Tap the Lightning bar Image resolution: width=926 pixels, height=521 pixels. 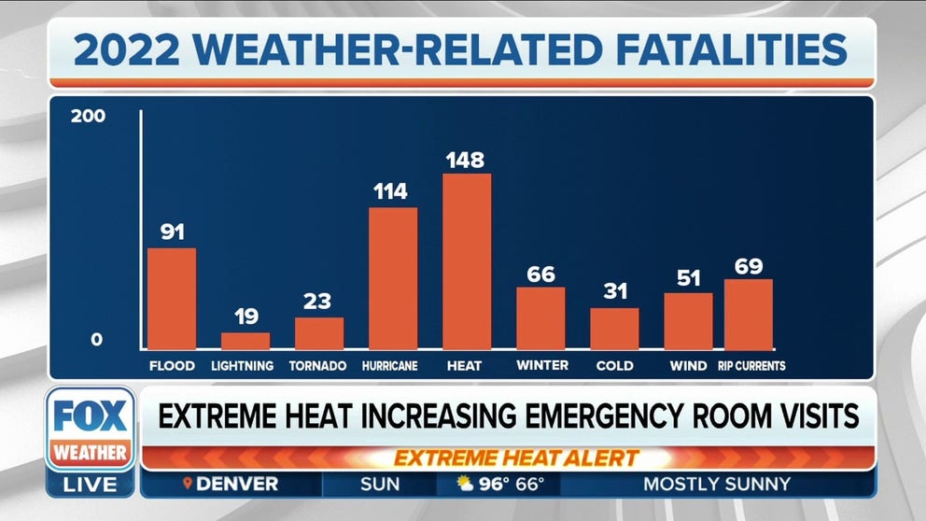[x=246, y=341]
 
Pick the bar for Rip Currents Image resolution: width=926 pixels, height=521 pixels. [x=749, y=315]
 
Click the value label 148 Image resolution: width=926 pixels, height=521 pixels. [x=465, y=160]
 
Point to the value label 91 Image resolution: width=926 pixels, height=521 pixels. [x=172, y=232]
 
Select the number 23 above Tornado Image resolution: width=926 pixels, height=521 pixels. [x=319, y=302]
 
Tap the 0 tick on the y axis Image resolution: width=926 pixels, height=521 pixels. [x=96, y=340]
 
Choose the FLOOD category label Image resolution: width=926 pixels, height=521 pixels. [x=172, y=366]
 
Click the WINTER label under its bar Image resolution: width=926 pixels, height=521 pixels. [x=540, y=366]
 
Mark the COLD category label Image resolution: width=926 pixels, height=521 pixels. [x=614, y=366]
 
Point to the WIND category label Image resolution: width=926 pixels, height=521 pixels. [x=688, y=366]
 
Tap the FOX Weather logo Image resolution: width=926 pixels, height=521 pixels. [x=91, y=430]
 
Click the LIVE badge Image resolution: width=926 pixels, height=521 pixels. [x=91, y=485]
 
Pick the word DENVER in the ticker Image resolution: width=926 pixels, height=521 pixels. [x=237, y=484]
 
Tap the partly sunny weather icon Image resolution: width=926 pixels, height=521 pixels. [x=465, y=484]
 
